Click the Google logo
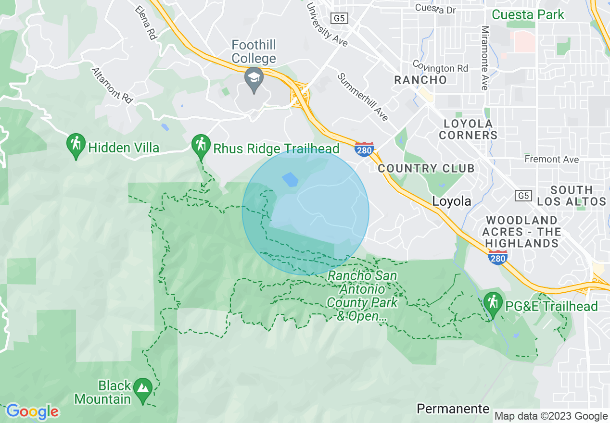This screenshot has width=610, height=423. (x=32, y=411)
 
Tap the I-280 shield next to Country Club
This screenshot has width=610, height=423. (x=364, y=149)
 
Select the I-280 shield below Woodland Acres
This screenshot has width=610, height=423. (x=497, y=257)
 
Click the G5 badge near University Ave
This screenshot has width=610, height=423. (x=339, y=18)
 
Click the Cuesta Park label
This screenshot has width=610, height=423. (x=528, y=14)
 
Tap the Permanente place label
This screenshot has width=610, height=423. (x=452, y=409)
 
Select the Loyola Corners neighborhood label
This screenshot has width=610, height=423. (x=468, y=129)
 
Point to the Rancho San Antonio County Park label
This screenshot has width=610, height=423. (x=362, y=296)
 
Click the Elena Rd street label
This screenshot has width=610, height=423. (x=146, y=23)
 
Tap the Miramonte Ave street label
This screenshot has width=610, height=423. (x=485, y=58)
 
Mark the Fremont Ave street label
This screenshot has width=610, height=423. (x=552, y=159)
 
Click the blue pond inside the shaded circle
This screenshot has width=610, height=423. (x=290, y=180)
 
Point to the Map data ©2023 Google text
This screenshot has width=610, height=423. (x=551, y=416)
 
